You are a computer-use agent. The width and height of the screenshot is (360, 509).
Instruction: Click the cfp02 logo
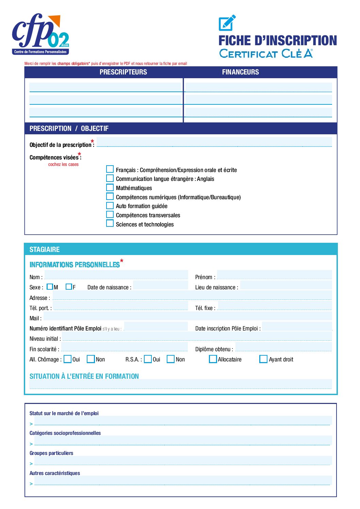[x=40, y=34]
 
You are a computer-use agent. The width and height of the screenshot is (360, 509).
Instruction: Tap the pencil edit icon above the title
[x=227, y=23]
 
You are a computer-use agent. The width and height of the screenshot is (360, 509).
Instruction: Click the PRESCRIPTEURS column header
[x=123, y=72]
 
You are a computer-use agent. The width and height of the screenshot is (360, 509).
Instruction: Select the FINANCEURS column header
[x=240, y=72]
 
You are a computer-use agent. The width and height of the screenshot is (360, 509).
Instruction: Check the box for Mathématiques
[x=110, y=188]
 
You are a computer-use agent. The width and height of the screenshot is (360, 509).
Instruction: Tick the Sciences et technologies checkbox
[x=110, y=224]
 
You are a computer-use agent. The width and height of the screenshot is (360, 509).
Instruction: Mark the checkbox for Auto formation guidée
[x=110, y=206]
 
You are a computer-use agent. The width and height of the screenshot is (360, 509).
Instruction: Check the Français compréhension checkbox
[x=110, y=169]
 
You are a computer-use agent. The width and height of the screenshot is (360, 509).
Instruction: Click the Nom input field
[x=116, y=275]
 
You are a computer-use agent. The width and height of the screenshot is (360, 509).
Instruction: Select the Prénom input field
[x=274, y=275]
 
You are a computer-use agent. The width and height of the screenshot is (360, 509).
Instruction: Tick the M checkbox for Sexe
[x=50, y=287]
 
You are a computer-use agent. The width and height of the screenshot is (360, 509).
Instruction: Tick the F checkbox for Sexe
[x=69, y=287]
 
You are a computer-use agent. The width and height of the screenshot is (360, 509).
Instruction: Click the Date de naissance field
[x=160, y=285]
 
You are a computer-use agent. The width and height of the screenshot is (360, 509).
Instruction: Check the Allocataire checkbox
[x=213, y=359]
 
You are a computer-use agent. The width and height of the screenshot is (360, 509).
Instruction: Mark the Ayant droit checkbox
[x=263, y=359]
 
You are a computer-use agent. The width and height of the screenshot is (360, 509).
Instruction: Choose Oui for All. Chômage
[x=68, y=359]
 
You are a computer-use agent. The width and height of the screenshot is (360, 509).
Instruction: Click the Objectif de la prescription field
[x=214, y=142]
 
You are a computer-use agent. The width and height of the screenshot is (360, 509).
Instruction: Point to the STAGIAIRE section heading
[x=45, y=250]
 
